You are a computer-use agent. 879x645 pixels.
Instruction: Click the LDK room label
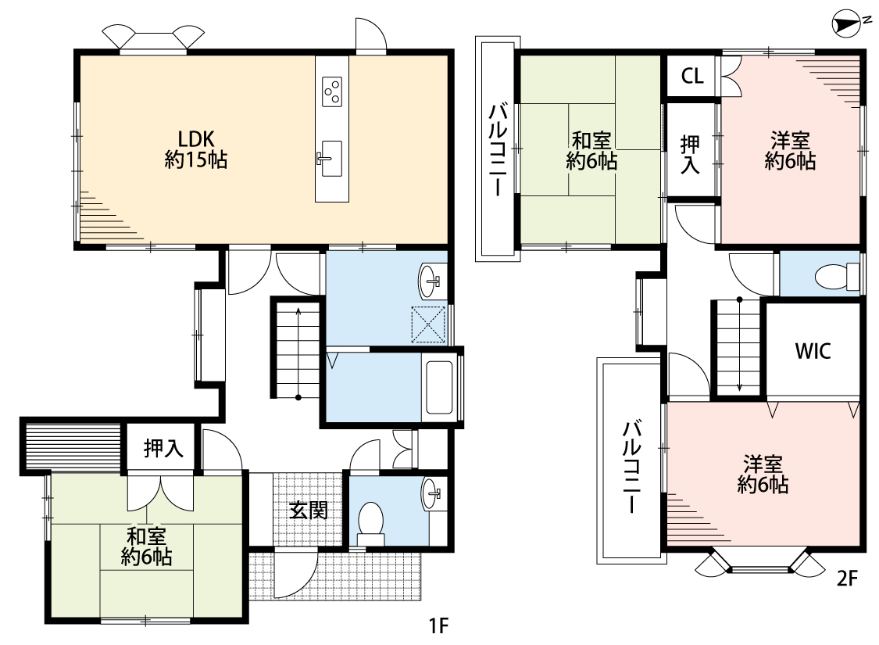(195, 139)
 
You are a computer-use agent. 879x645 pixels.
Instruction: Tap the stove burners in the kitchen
(332, 91)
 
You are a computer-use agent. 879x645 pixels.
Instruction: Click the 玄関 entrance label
(309, 511)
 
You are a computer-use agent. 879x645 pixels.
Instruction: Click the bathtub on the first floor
(439, 387)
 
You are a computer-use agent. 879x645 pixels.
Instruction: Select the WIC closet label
(813, 351)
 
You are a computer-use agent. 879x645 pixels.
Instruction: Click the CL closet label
(692, 76)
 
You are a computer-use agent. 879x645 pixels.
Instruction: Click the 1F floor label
(439, 625)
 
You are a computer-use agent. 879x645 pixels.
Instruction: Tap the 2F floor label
(847, 579)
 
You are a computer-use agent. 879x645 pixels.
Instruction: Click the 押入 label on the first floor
(163, 448)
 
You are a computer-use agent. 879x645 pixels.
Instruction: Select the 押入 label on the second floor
(690, 154)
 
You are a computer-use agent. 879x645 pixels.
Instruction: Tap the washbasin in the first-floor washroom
(431, 279)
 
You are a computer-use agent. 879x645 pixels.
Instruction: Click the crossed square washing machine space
(428, 324)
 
